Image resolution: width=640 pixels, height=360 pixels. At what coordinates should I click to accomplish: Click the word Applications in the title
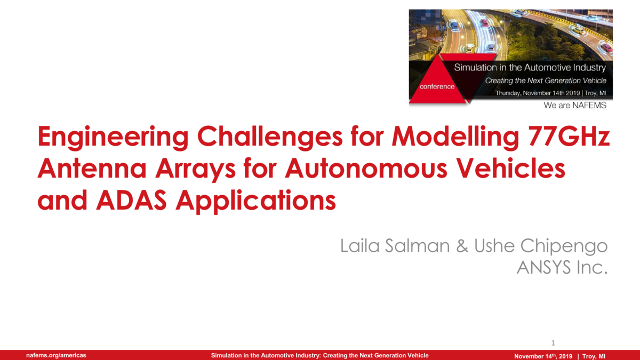[257, 202]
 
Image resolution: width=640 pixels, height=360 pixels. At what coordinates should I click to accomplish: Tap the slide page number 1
[553, 342]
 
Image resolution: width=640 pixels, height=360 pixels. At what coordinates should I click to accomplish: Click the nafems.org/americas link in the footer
[57, 355]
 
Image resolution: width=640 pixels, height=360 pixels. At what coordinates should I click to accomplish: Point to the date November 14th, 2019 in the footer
[543, 356]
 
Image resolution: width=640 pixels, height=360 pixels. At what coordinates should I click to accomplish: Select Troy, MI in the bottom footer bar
[594, 356]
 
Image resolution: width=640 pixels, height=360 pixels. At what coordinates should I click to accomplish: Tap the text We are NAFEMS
[575, 106]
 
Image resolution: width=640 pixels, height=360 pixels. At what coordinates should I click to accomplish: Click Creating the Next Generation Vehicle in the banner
[545, 81]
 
